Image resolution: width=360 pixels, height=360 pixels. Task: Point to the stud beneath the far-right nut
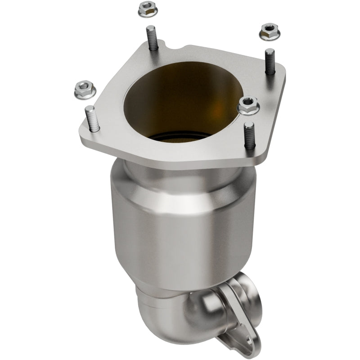pos(270,61)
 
